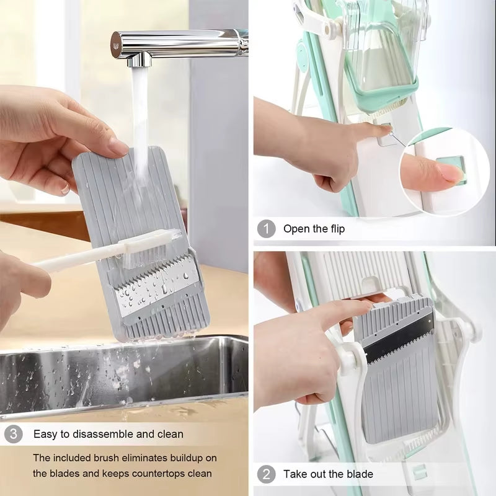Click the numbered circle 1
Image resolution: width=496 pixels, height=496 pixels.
pyautogui.click(x=266, y=229)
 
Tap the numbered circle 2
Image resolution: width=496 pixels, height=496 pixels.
pyautogui.click(x=266, y=474)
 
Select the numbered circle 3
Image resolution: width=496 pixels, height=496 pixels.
pyautogui.click(x=13, y=434)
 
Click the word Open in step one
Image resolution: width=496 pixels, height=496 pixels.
pyautogui.click(x=296, y=229)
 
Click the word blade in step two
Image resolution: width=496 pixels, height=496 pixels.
pyautogui.click(x=360, y=474)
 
